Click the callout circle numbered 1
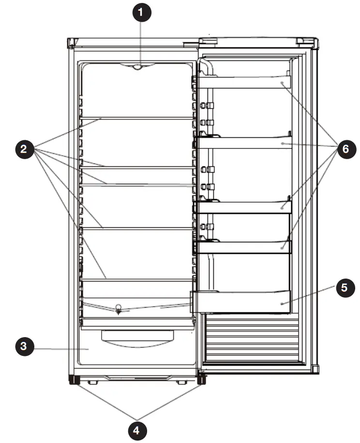pyautogui.click(x=141, y=13)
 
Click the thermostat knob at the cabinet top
pyautogui.click(x=138, y=68)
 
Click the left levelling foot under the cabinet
pyautogui.click(x=75, y=380)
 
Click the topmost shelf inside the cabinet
pyautogui.click(x=137, y=118)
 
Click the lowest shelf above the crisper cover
pyautogui.click(x=137, y=280)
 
